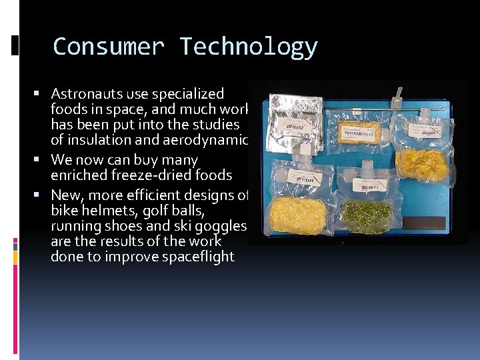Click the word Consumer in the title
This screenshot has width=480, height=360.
pyautogui.click(x=108, y=47)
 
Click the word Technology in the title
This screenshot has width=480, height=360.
pyautogui.click(x=248, y=47)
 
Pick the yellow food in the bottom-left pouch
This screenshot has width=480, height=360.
pyautogui.click(x=297, y=215)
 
